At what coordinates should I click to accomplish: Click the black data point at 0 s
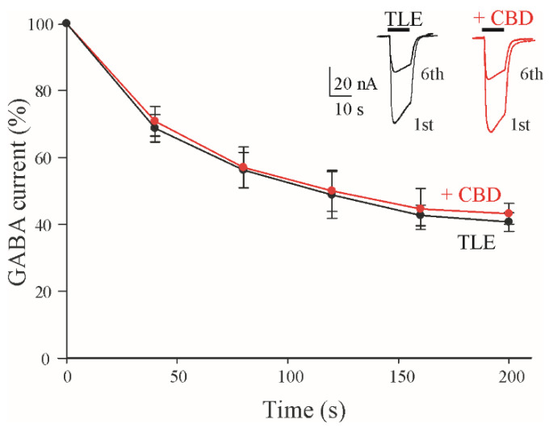(x=66, y=23)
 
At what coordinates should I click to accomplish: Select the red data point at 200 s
(x=509, y=213)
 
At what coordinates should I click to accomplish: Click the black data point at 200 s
(x=509, y=222)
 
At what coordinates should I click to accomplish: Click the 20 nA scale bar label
(x=355, y=85)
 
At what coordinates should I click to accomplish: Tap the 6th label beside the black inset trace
(x=432, y=73)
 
